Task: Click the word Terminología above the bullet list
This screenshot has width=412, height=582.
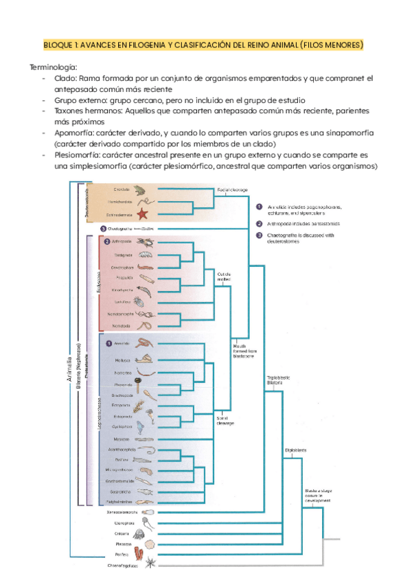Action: (54, 67)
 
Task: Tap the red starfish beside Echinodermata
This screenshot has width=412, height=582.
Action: (143, 215)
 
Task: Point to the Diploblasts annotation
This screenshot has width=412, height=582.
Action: (296, 450)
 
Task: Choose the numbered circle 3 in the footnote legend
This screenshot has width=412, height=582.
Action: (259, 235)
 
